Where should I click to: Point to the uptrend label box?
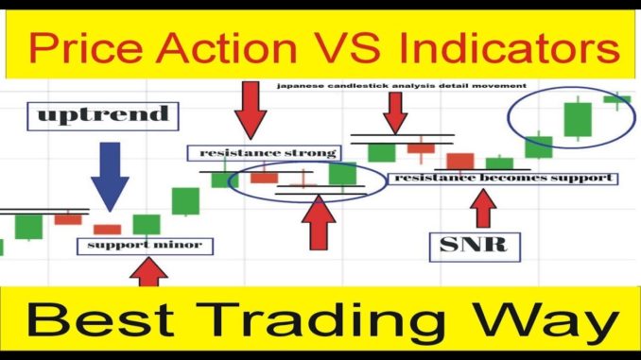tap(103, 116)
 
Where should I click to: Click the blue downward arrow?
tap(110, 177)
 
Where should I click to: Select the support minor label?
tap(146, 247)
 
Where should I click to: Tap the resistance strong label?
tap(264, 153)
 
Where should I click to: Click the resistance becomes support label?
tap(502, 179)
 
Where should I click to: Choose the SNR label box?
tap(475, 247)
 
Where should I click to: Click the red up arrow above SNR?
tap(483, 209)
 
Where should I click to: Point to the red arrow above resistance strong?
tap(251, 111)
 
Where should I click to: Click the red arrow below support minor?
tap(148, 272)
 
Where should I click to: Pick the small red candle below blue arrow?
tap(107, 230)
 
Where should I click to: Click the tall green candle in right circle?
tap(578, 119)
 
